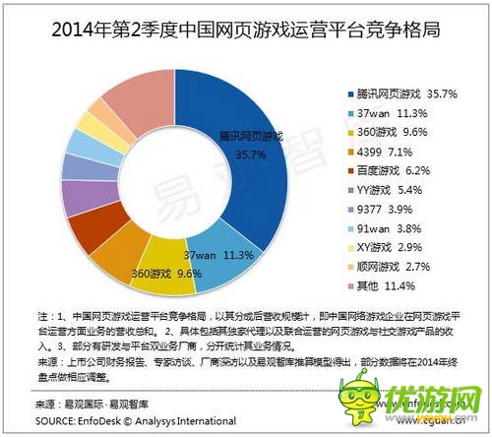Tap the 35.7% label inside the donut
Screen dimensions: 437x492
point(252,154)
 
